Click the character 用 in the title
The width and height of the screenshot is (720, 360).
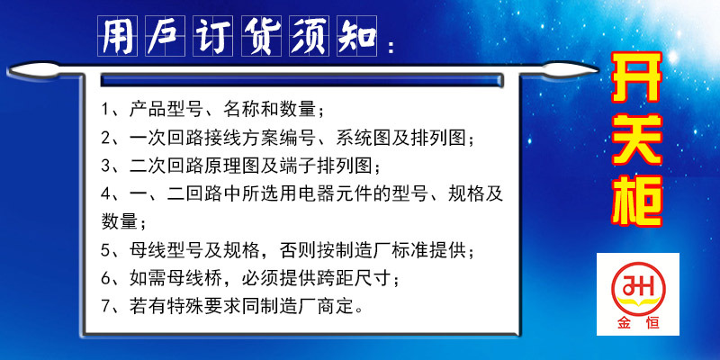pyautogui.click(x=117, y=36)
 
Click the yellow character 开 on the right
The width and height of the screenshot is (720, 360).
pyautogui.click(x=636, y=77)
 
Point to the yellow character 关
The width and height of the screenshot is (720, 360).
pyautogui.click(x=636, y=139)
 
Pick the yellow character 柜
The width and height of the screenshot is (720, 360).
pyautogui.click(x=636, y=201)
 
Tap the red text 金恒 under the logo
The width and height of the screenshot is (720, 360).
pyautogui.click(x=638, y=323)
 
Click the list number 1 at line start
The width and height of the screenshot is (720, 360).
pyautogui.click(x=105, y=110)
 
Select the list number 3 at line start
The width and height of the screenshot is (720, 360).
pyautogui.click(x=105, y=166)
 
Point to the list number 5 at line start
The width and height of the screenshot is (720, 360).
pyautogui.click(x=105, y=251)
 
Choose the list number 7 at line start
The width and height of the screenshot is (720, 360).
pyautogui.click(x=105, y=306)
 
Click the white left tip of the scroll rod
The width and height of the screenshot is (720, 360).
pyautogui.click(x=10, y=71)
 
